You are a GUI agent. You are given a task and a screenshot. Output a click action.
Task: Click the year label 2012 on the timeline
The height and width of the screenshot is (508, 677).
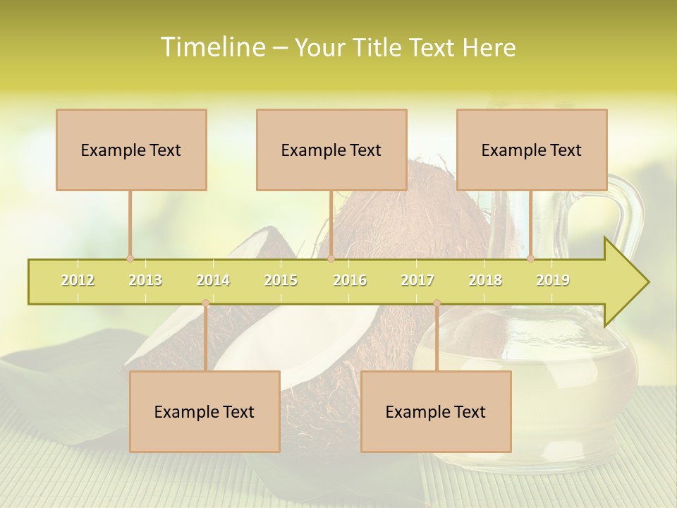click(78, 280)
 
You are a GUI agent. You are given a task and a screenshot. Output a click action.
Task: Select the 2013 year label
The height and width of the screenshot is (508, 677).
click(145, 280)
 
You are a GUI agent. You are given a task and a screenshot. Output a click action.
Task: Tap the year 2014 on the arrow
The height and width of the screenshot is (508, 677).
click(213, 280)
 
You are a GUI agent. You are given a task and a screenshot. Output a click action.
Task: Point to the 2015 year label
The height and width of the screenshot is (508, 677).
click(281, 280)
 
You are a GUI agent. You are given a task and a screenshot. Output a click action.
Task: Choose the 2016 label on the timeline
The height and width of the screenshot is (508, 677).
click(350, 280)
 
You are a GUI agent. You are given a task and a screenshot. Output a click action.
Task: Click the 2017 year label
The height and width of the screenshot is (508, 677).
click(417, 280)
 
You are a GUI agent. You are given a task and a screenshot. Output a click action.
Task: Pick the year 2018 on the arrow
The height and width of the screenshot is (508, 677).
click(485, 280)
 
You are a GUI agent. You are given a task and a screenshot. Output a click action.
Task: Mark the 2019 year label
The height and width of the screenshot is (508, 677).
click(553, 280)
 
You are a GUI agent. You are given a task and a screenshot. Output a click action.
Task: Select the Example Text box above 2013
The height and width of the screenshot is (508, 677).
click(131, 150)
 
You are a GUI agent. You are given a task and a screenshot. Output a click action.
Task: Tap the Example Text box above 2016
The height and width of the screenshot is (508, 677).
click(331, 150)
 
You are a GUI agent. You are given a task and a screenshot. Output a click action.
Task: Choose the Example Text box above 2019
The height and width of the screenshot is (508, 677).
click(532, 150)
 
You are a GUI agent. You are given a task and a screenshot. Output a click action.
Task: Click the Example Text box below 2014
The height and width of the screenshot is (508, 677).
click(205, 411)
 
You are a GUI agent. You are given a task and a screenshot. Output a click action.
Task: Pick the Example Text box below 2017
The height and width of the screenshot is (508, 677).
click(436, 411)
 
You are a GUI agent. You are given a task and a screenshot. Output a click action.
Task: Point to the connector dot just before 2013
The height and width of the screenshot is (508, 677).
click(130, 259)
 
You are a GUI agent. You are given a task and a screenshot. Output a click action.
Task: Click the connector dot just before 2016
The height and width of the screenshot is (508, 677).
click(331, 259)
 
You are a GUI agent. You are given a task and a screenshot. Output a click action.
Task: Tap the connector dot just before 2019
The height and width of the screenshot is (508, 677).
click(530, 259)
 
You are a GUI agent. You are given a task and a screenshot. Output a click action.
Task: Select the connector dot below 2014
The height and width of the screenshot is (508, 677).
click(205, 303)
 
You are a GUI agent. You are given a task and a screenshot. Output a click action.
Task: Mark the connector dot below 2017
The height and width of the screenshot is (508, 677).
click(437, 303)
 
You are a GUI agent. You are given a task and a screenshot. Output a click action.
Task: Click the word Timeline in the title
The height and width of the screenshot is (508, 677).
click(212, 47)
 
